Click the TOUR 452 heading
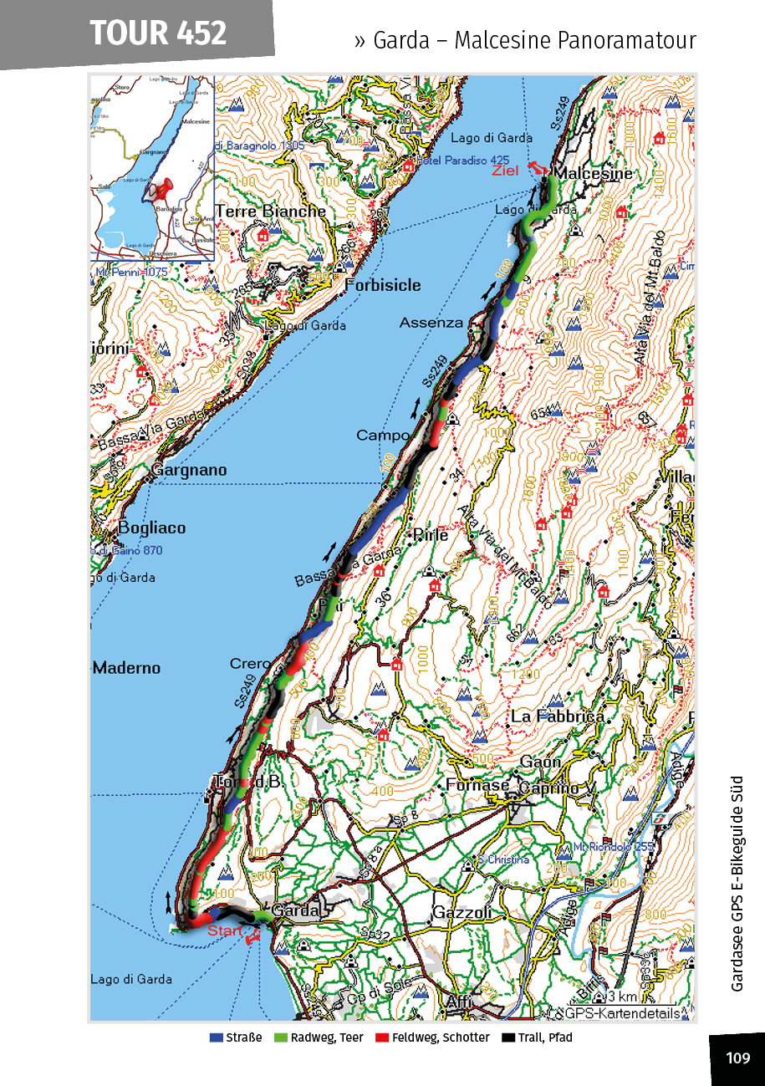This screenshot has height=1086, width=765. coord(158,33)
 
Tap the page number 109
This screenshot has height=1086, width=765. coord(737,1058)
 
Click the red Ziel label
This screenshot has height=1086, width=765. coord(504,171)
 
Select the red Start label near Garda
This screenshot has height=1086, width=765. coord(225,930)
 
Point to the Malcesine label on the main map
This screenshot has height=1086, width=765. coord(594,174)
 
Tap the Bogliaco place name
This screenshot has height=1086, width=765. coord(152,528)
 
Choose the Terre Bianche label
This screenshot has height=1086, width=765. coord(271,212)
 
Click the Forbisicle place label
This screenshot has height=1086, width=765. coord(383,285)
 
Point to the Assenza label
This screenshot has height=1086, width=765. coord(431,322)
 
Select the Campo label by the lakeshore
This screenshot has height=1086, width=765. coord(383,435)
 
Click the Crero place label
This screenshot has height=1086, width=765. coord(251,664)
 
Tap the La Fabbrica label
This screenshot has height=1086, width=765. coord(558,716)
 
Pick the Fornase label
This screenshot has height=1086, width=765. coord(477,785)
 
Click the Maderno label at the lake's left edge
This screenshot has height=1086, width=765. coord(126,668)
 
